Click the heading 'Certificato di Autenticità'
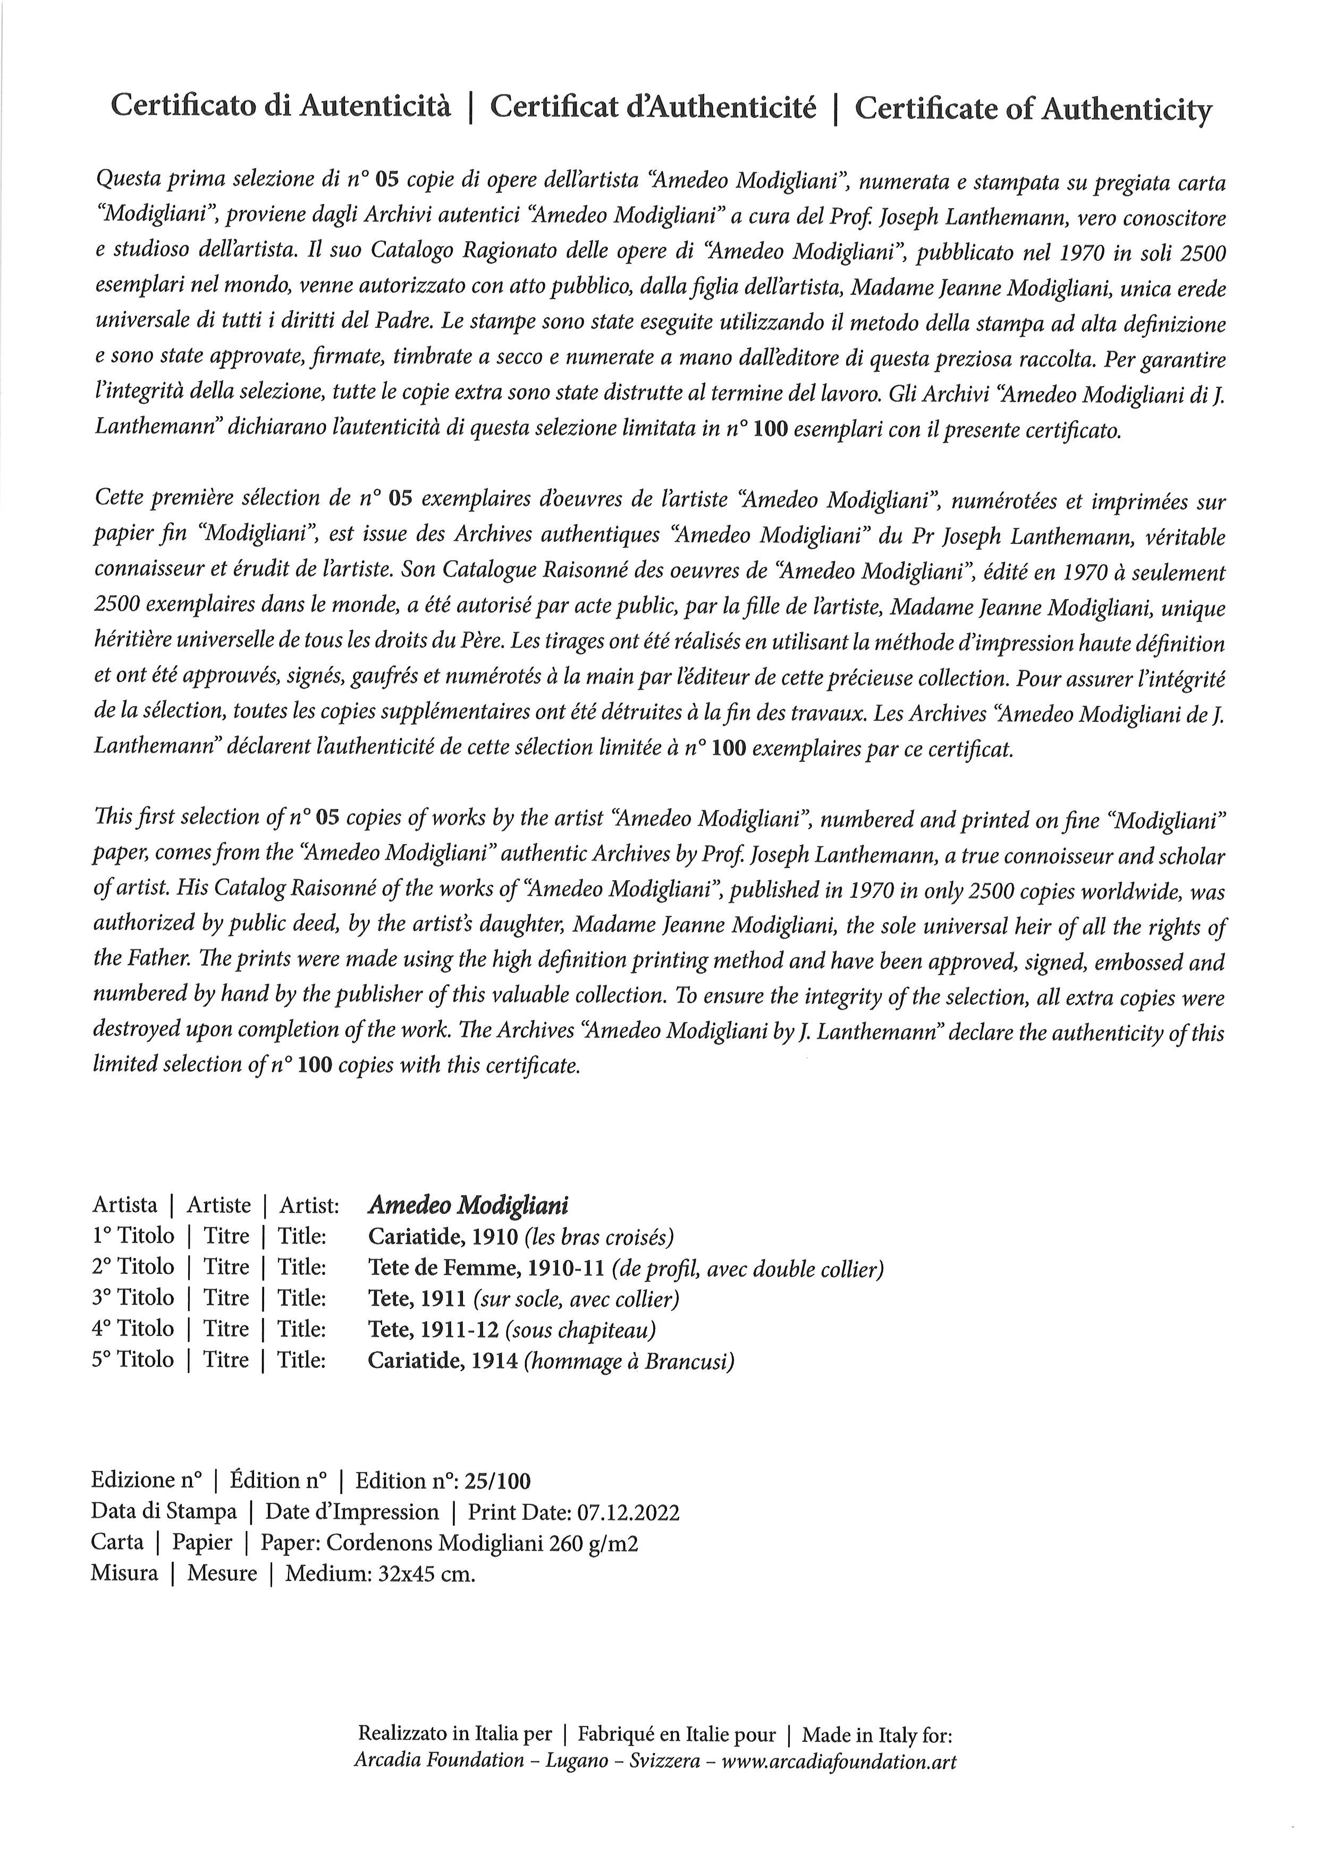coord(280,106)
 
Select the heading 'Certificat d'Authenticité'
coord(653,107)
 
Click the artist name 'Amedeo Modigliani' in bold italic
coord(468,1205)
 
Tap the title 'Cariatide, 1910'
coord(442,1237)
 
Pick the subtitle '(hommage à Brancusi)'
coord(629,1361)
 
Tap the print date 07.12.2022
coord(628,1512)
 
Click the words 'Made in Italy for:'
coord(876,1736)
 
